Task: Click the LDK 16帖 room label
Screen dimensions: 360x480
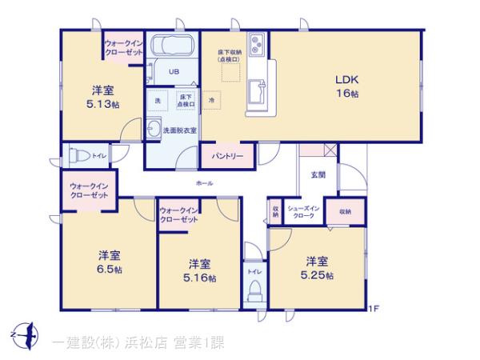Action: coord(346,86)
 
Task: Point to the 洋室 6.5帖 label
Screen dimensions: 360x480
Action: coord(110,262)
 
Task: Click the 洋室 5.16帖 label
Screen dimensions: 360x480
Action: coord(200,270)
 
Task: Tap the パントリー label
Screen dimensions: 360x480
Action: coord(227,155)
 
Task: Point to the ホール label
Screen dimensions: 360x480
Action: coord(204,184)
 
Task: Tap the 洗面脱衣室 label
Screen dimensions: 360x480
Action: coord(180,129)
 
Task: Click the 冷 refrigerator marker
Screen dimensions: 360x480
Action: coord(211,101)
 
